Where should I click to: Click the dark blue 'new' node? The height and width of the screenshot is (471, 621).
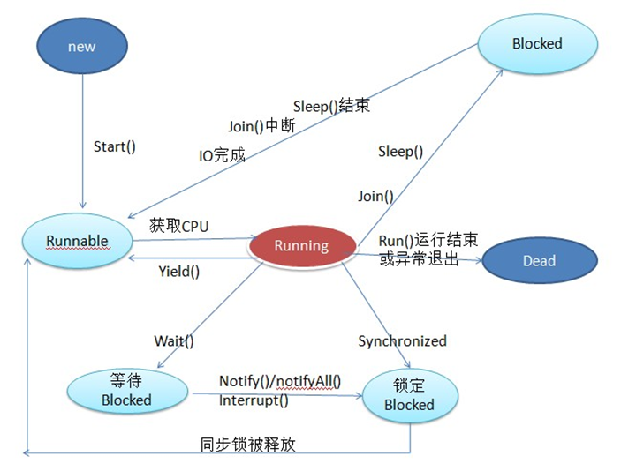pos(81,47)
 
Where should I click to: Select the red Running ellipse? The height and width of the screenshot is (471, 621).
pos(301,246)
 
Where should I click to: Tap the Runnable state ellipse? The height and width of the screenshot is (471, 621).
pos(78,241)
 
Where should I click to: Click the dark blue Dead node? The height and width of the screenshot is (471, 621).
pos(538,260)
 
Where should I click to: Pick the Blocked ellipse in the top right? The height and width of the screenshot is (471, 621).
pos(536,43)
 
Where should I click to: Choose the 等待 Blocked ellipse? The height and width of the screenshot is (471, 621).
pos(126,390)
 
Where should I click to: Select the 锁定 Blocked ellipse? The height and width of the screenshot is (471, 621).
pos(409,395)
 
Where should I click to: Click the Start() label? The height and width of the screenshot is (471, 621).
pos(115,146)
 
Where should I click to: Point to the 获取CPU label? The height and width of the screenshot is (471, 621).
pos(179,226)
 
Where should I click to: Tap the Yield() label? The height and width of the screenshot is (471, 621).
pos(178,272)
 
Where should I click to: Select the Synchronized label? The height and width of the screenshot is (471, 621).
pos(402,340)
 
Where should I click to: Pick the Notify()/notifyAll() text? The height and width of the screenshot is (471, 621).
pos(280,382)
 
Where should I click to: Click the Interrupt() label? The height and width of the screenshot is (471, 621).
pos(254,400)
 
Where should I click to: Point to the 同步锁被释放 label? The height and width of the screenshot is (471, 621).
pos(248,444)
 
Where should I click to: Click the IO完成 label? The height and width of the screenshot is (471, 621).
pos(222,156)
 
